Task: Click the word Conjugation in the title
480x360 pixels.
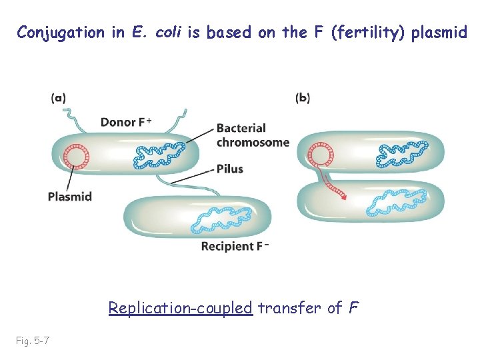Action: [x=61, y=32]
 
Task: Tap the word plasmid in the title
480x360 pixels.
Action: [x=441, y=32]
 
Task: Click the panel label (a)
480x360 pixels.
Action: [x=58, y=98]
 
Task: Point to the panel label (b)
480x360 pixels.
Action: [x=303, y=98]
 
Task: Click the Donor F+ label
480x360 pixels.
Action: [x=126, y=122]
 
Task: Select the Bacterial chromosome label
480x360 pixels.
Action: [x=253, y=135]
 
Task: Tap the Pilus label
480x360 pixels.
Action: [x=230, y=169]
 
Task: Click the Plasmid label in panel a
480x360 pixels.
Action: [x=70, y=196]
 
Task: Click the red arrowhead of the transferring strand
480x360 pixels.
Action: [x=343, y=197]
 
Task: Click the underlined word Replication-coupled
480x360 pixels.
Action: [x=180, y=307]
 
